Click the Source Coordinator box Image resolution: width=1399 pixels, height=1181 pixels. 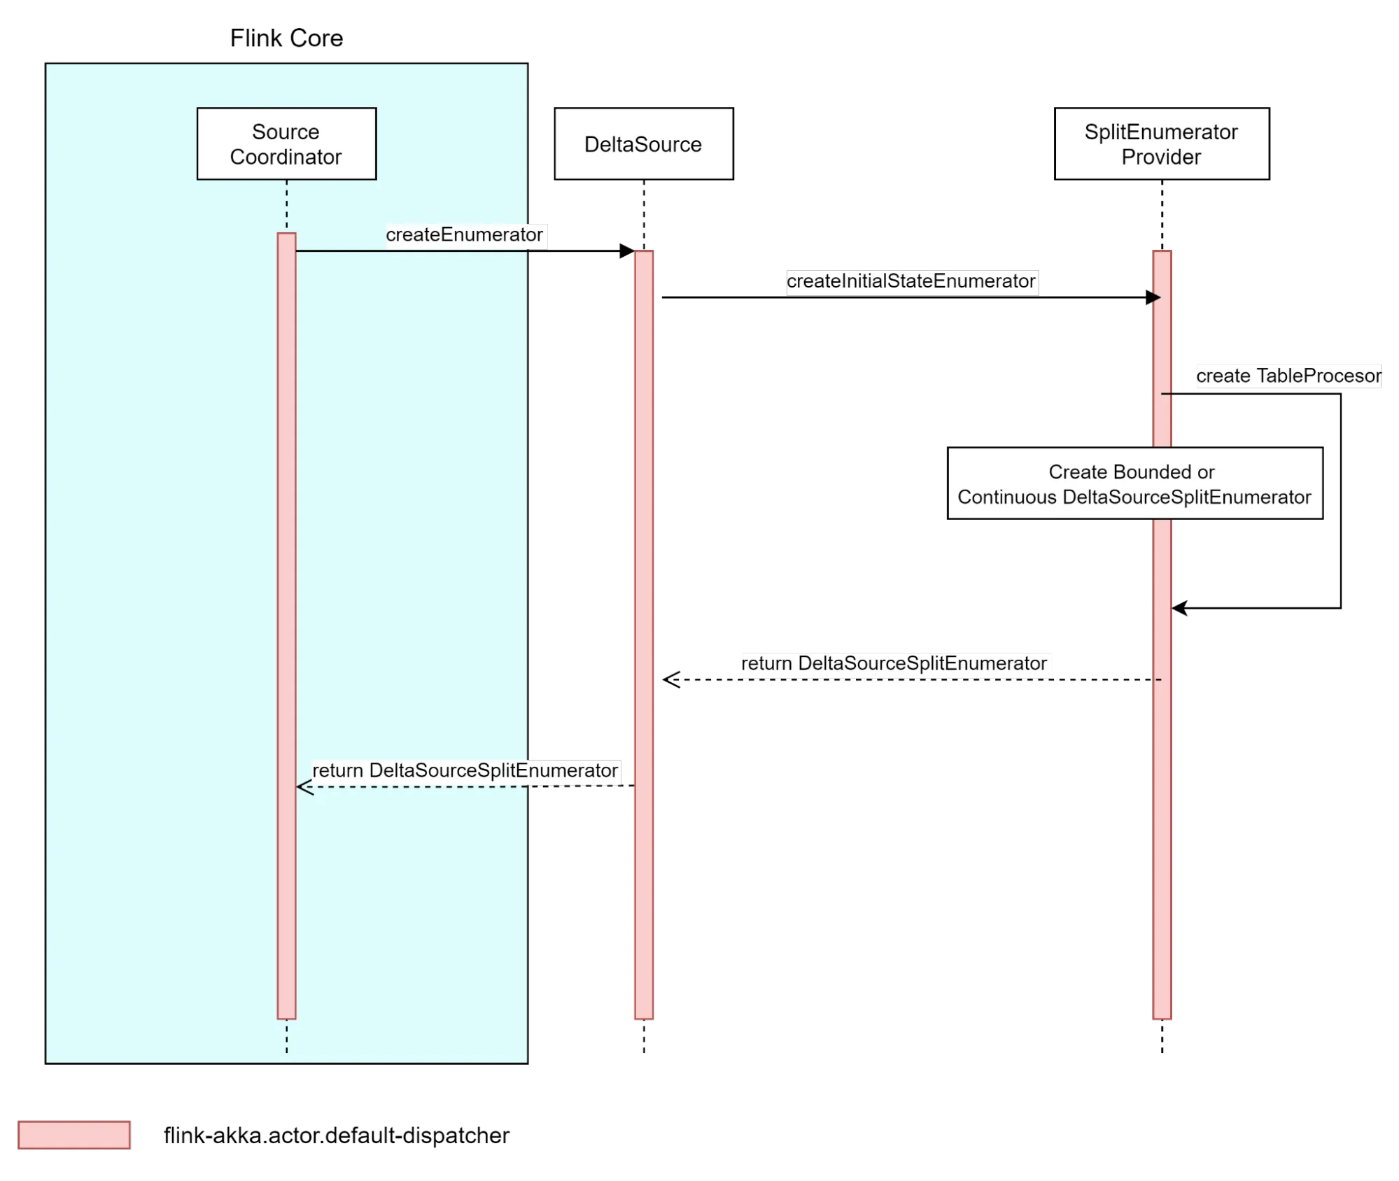[286, 143]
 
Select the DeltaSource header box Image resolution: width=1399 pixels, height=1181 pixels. [643, 143]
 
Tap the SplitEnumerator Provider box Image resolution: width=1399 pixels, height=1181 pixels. [1161, 143]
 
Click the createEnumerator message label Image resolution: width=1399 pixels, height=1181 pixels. [465, 235]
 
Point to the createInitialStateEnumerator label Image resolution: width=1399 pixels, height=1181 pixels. [911, 281]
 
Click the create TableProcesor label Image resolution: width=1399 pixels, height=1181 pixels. [1288, 376]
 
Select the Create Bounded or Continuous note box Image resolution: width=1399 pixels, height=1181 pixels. [1135, 483]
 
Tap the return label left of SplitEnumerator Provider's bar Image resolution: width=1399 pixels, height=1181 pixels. [895, 663]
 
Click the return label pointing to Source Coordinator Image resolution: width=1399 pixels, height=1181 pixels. [465, 770]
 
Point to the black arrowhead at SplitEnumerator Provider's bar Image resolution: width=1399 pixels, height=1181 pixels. [1155, 298]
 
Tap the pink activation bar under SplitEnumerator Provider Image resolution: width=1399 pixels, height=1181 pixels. [1162, 840]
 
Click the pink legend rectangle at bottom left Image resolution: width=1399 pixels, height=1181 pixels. [75, 1135]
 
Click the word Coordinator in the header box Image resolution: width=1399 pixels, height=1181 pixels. [286, 157]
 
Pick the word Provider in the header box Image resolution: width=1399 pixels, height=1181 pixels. [1161, 157]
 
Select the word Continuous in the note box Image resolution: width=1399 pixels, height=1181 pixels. [1006, 497]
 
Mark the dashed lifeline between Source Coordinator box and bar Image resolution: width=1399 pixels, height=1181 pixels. [286, 206]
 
